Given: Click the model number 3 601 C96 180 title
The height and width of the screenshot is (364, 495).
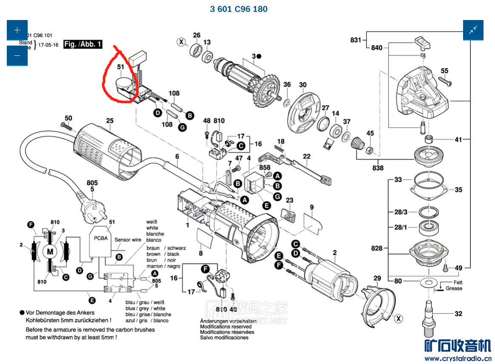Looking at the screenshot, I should [x=238, y=9].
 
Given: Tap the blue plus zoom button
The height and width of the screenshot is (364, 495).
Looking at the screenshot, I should [x=17, y=30].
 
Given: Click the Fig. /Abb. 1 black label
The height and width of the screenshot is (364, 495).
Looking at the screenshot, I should [x=83, y=44].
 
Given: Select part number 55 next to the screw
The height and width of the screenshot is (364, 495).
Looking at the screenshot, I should [x=444, y=71].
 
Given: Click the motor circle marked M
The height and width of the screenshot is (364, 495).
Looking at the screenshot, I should [x=50, y=251].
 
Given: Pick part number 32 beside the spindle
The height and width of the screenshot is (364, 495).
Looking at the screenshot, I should [x=458, y=314].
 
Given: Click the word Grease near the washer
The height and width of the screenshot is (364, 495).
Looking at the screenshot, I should [x=454, y=288].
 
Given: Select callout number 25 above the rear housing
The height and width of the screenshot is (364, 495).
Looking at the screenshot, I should [x=110, y=121].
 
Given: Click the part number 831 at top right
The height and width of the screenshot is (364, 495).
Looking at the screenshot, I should [x=355, y=40].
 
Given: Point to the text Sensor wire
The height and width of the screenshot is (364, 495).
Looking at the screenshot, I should [x=128, y=240].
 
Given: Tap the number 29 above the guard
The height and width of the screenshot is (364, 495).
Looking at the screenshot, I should [x=377, y=278].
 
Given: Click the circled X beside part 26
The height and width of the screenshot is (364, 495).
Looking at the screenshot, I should [x=182, y=42].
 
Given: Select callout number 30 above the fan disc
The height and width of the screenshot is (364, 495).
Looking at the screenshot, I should [x=303, y=85].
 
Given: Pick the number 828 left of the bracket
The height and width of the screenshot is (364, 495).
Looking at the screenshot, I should [x=377, y=248].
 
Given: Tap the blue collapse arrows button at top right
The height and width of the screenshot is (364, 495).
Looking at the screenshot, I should [x=473, y=30].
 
